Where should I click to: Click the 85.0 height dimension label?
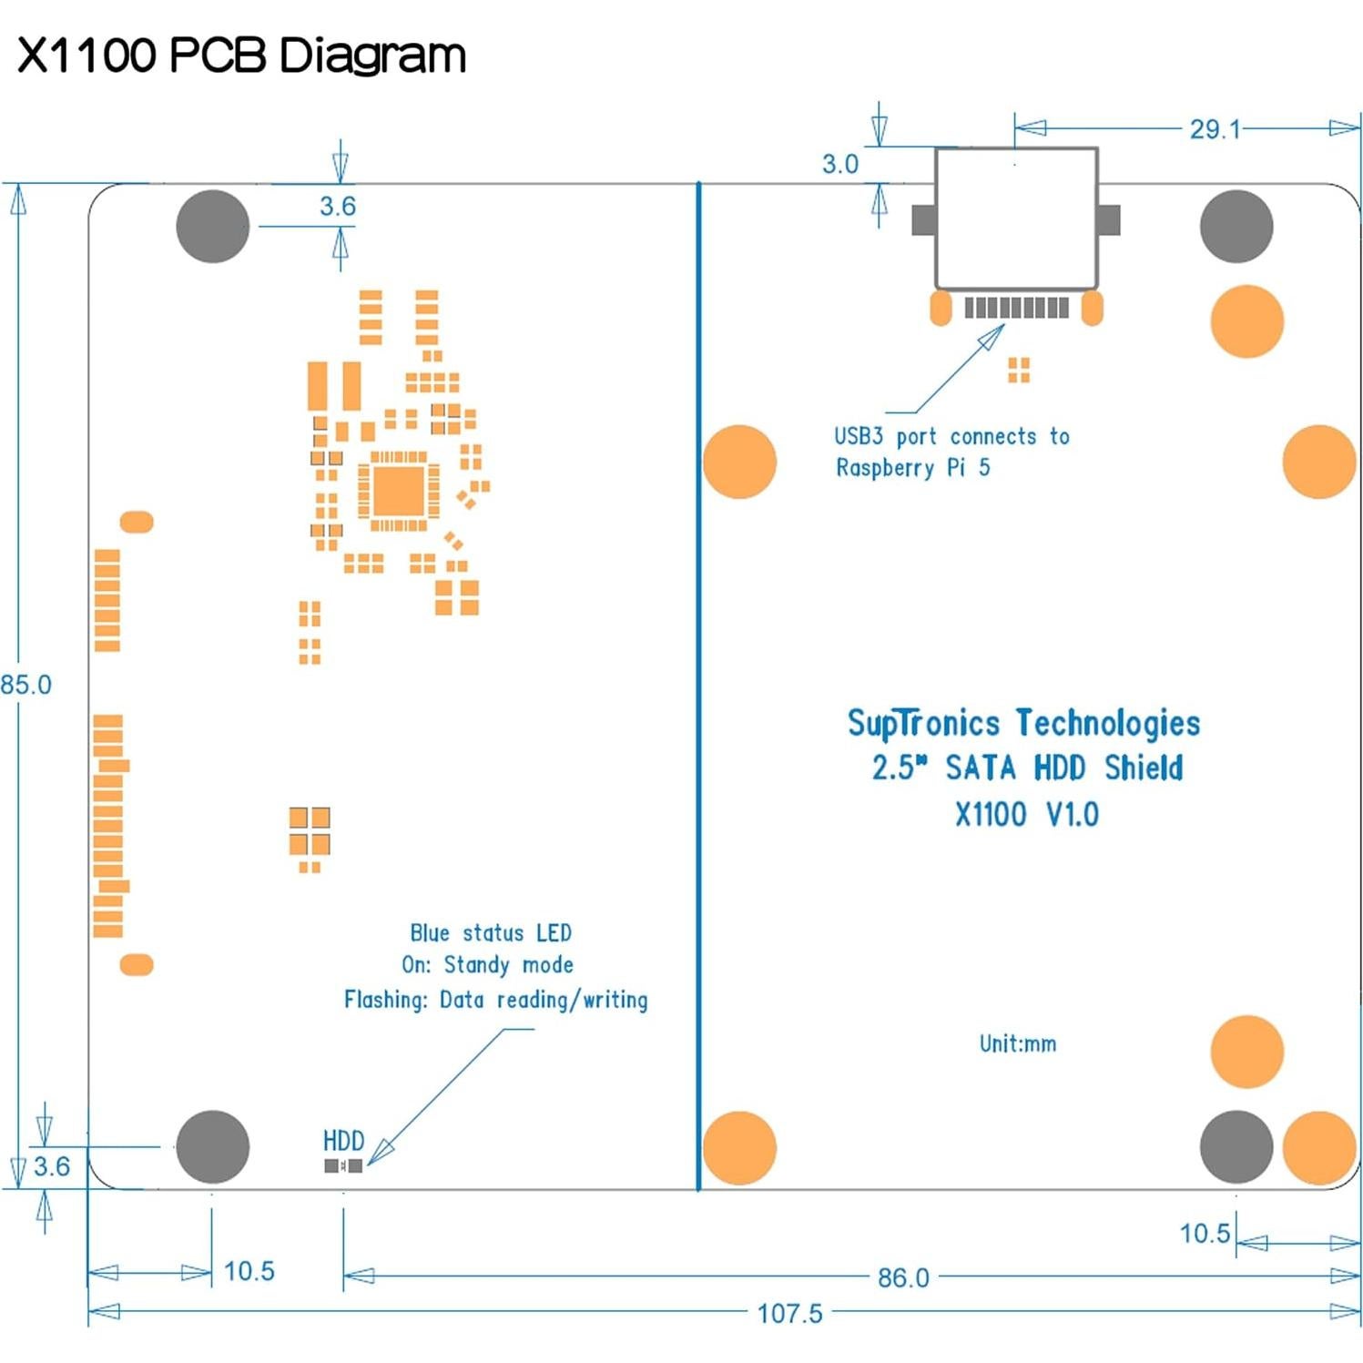point(25,685)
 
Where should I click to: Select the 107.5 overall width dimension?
point(788,1313)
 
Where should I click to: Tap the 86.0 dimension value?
point(902,1277)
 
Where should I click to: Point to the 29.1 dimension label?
point(1215,129)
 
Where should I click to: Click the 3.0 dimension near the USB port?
point(839,164)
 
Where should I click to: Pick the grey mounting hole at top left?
point(212,226)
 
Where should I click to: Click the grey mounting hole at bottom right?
point(1236,1146)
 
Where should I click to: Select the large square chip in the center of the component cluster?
point(398,492)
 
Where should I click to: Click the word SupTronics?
point(923,723)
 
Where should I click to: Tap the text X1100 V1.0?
point(1026,814)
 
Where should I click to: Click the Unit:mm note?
point(1017,1043)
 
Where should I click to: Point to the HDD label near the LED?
point(343,1141)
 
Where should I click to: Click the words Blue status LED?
point(490,933)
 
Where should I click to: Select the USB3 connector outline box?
point(1016,219)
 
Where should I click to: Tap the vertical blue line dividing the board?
point(698,683)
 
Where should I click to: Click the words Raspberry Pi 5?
point(912,468)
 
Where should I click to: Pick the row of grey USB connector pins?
point(1016,308)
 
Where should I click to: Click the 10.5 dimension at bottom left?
point(249,1271)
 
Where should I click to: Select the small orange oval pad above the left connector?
point(137,522)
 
